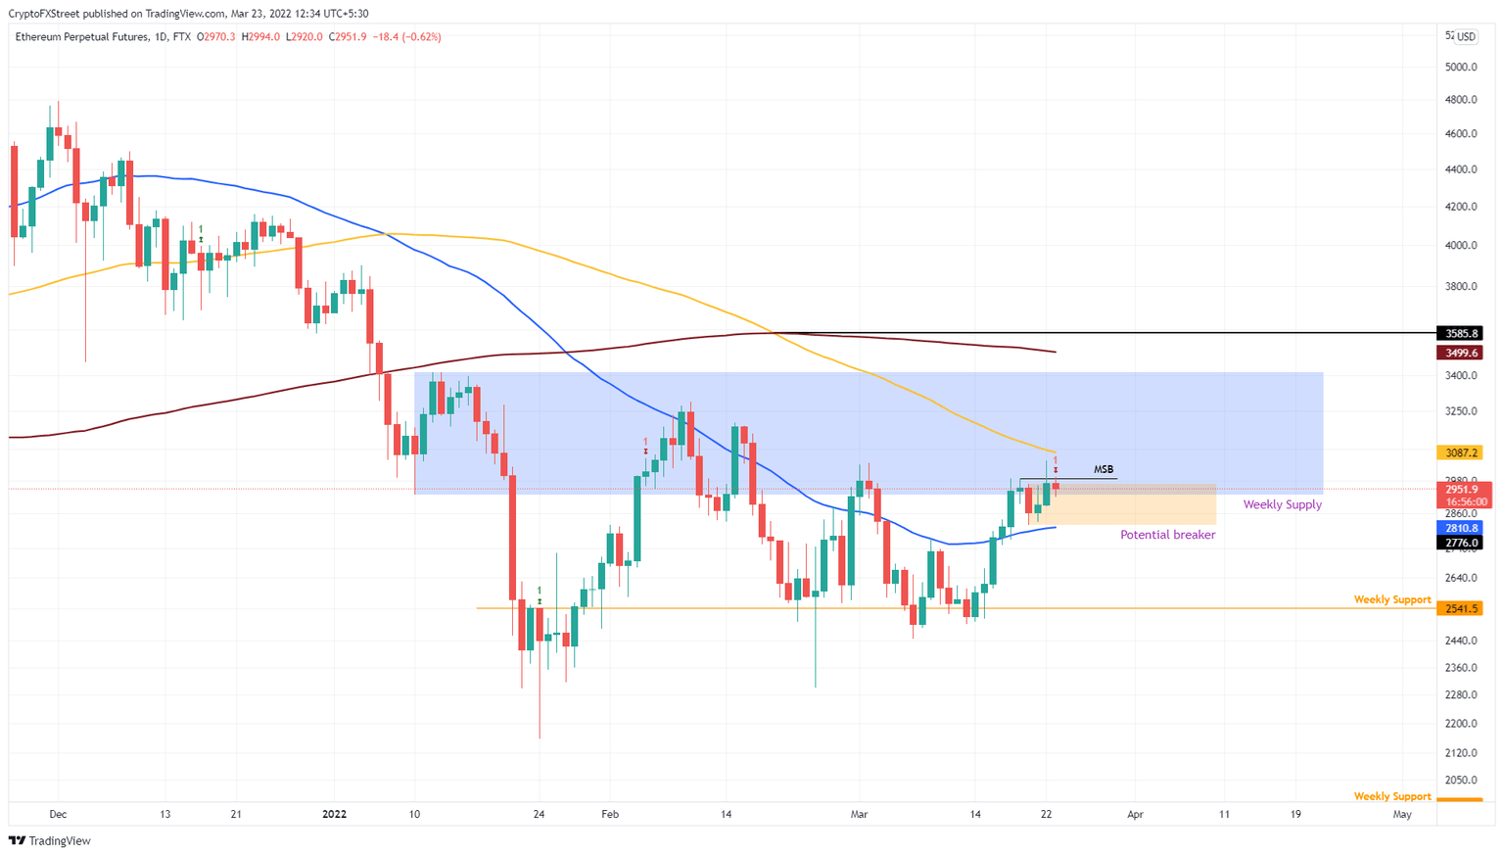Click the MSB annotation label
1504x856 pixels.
point(1103,470)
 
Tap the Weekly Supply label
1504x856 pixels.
point(1282,504)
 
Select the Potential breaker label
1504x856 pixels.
point(1167,535)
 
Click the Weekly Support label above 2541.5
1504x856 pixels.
point(1391,599)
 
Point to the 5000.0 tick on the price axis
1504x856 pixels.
point(1461,67)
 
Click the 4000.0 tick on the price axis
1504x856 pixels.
point(1461,245)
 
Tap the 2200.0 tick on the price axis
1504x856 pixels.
point(1461,724)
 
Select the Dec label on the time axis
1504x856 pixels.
point(58,814)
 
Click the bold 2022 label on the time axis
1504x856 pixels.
point(334,814)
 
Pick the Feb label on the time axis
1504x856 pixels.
point(610,814)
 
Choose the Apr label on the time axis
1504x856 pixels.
point(1135,814)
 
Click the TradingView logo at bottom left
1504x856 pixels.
point(50,840)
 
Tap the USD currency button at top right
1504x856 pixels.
point(1465,37)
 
